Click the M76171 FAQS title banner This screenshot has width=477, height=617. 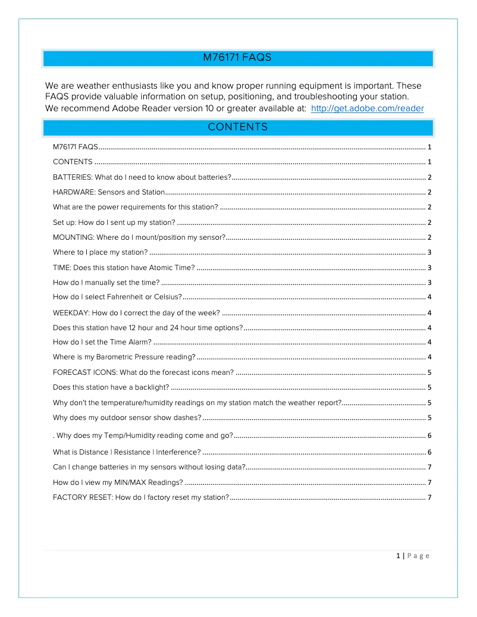237,58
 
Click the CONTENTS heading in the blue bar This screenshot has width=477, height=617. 237,127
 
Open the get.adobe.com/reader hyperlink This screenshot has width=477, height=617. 367,108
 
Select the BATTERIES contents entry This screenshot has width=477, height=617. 142,177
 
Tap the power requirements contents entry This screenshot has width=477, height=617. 135,207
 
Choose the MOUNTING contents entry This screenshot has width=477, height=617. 139,237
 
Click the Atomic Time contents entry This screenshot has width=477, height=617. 124,268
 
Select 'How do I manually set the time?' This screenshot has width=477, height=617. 106,283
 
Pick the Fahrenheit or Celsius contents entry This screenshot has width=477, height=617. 117,297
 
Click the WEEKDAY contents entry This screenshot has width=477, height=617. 136,313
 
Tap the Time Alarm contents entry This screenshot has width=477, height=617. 102,342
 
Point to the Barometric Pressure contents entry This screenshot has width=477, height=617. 124,357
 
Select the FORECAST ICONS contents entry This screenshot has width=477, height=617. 143,373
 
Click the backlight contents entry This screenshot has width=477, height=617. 111,387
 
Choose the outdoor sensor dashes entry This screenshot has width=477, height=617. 127,418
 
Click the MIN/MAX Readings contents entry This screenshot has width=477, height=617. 118,483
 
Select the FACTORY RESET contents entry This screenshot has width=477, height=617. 140,497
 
